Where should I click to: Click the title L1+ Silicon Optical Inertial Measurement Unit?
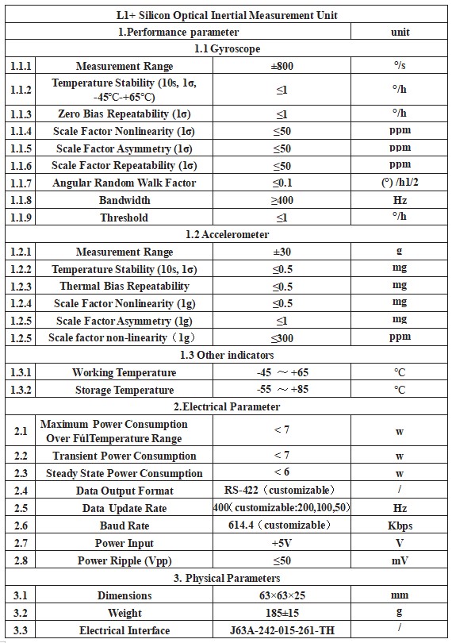[226, 15]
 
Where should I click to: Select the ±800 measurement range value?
[282, 66]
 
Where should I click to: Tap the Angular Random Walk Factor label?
[124, 183]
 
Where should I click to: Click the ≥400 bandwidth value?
[282, 200]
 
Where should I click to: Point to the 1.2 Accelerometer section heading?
[226, 234]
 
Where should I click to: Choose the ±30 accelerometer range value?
[282, 252]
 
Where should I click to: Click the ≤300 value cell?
[282, 337]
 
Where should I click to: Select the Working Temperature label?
[124, 372]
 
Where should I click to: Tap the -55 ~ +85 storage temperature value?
[282, 390]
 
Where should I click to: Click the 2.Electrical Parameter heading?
[226, 406]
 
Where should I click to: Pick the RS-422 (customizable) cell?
[282, 491]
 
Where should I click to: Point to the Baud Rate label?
[124, 526]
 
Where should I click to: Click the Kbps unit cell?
[400, 526]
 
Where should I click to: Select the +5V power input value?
[282, 543]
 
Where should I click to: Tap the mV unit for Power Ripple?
[400, 560]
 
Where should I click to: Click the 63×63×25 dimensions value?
[282, 595]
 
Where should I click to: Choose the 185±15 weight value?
[282, 613]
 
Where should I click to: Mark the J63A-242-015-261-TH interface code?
[282, 630]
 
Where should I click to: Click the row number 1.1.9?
[21, 218]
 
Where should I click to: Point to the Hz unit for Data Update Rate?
[400, 508]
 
